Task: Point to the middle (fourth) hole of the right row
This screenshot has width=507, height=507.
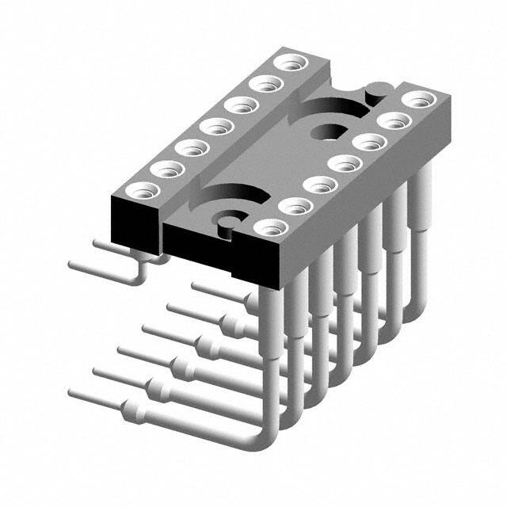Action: (341, 165)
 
